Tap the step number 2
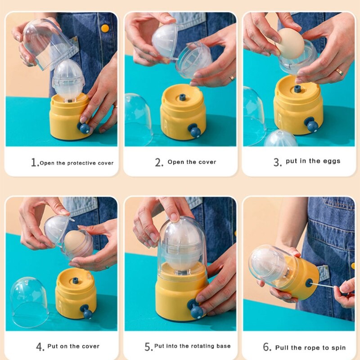[x=159, y=163]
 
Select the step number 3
[x=277, y=162]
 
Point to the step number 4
[x=40, y=347]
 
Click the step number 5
[x=148, y=347]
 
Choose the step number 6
[x=267, y=347]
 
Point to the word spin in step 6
[x=338, y=347]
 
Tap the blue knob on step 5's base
[x=195, y=310]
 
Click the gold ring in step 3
[x=339, y=71]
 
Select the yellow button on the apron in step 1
[x=105, y=28]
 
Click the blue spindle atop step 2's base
[x=182, y=97]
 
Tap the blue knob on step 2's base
[x=195, y=131]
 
